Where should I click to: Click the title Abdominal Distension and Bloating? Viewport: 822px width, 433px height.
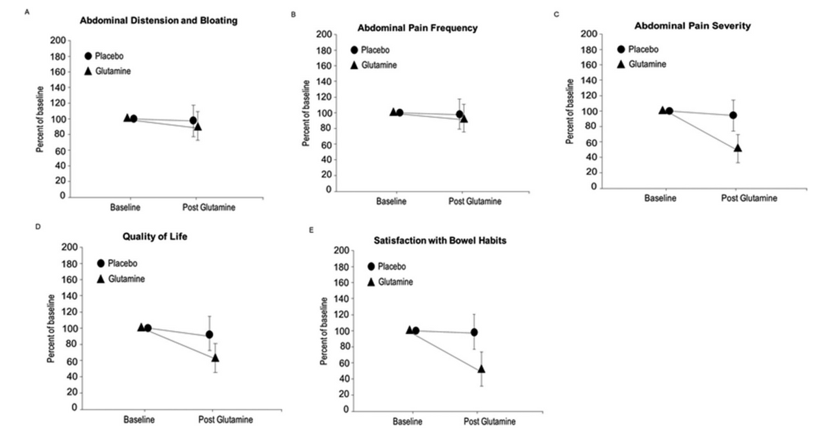(x=159, y=21)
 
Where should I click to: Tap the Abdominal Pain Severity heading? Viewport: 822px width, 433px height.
(x=693, y=26)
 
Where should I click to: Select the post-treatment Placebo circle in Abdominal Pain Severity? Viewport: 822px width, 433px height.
(x=733, y=115)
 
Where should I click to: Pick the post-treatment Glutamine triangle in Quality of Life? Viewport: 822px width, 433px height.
(x=215, y=358)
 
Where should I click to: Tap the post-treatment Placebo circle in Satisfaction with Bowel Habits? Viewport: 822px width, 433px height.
(x=474, y=332)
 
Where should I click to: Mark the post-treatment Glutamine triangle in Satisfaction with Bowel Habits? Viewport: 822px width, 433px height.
(x=482, y=369)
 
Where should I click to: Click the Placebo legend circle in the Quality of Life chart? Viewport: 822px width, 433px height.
(x=102, y=263)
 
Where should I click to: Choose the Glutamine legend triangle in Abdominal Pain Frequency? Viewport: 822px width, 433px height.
(x=354, y=65)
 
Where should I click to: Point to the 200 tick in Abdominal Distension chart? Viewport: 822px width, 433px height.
(x=58, y=40)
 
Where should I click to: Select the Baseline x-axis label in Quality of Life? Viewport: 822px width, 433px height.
(x=139, y=419)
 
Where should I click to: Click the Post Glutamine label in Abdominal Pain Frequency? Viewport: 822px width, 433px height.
(x=475, y=201)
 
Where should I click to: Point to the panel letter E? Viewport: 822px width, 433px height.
(x=312, y=230)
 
